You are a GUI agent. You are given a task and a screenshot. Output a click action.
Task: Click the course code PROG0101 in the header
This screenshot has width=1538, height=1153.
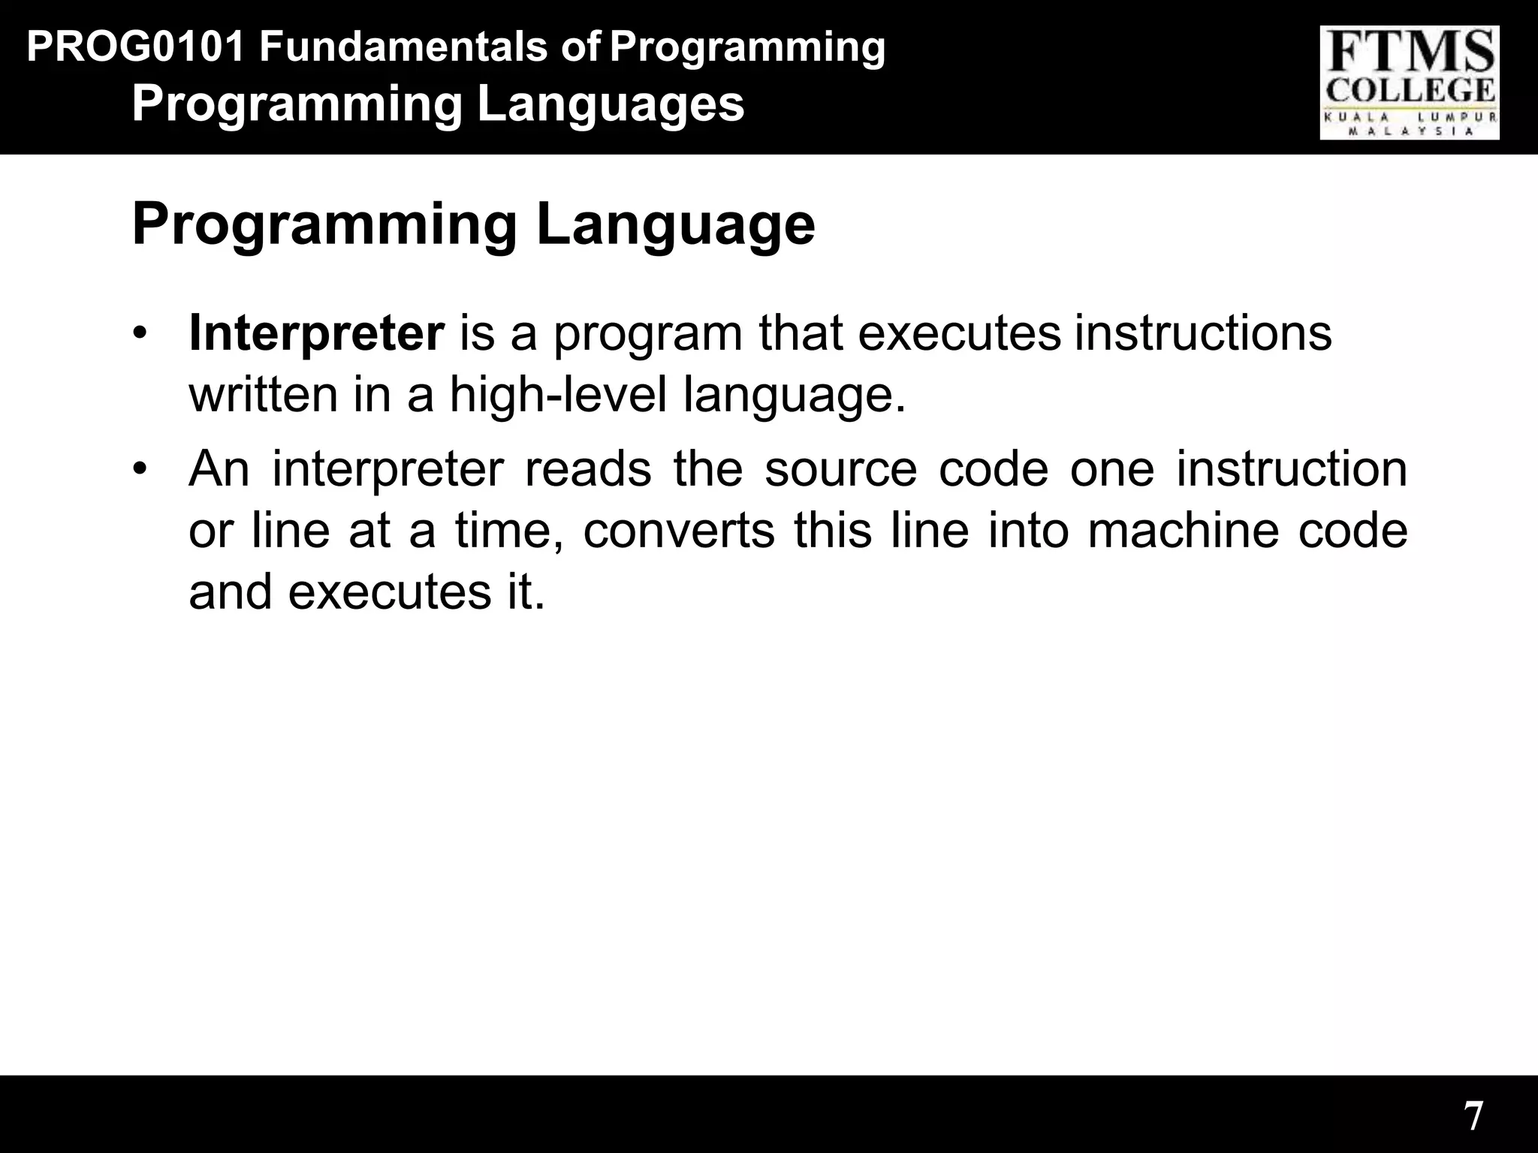[135, 47]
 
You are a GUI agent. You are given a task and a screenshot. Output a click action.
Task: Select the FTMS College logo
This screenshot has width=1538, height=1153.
[1410, 83]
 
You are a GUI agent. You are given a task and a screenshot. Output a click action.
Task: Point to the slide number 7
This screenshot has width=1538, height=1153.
[1473, 1115]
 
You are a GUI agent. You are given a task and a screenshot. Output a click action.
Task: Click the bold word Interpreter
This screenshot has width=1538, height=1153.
[316, 334]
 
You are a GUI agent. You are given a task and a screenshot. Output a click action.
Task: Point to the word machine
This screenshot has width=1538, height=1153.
[1182, 530]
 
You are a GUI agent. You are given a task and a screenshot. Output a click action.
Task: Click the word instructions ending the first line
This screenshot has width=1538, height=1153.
[1202, 334]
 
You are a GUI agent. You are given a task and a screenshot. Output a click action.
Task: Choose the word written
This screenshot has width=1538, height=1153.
[263, 395]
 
